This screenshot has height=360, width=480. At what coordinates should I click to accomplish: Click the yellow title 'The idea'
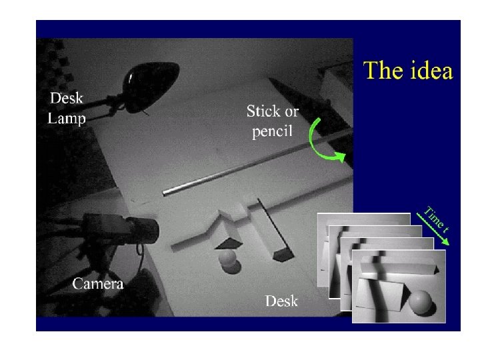tap(408, 71)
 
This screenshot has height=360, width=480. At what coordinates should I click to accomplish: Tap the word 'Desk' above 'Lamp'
tap(67, 98)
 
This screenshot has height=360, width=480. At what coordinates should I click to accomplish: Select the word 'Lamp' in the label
tap(67, 119)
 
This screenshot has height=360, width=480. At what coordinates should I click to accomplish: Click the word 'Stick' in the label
tap(263, 111)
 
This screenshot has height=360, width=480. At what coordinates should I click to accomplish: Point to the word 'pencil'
tap(272, 131)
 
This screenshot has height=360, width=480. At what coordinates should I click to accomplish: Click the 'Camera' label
tap(98, 284)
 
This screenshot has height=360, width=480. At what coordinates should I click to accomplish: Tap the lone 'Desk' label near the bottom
tap(281, 301)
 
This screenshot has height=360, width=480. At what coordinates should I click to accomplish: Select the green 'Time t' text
tap(437, 219)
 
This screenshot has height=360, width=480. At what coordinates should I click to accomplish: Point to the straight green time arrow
tap(433, 229)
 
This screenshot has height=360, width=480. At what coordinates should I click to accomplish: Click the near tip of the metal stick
tap(165, 193)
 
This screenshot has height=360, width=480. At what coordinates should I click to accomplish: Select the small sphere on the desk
tap(227, 257)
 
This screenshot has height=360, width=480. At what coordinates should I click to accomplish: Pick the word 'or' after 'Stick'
tap(292, 113)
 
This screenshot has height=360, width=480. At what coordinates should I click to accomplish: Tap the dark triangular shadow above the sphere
tap(229, 244)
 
